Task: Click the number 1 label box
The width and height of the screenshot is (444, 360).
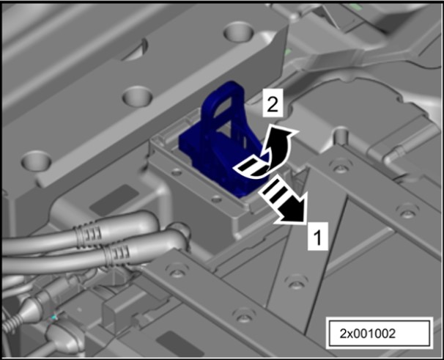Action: pyautogui.click(x=318, y=236)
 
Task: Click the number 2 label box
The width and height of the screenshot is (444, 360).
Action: pyautogui.click(x=273, y=103)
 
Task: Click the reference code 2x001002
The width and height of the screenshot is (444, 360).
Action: pyautogui.click(x=367, y=334)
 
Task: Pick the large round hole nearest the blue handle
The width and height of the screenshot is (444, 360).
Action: pyautogui.click(x=138, y=96)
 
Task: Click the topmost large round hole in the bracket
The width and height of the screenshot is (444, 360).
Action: pyautogui.click(x=239, y=32)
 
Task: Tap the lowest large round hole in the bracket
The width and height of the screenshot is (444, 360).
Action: pyautogui.click(x=36, y=161)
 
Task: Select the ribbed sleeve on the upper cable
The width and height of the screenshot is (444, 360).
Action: pyautogui.click(x=87, y=234)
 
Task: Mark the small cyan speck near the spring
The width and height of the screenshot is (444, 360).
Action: pyautogui.click(x=54, y=317)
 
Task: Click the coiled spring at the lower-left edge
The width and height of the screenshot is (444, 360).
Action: pyautogui.click(x=11, y=323)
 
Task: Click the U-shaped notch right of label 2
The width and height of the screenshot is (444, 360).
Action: pyautogui.click(x=341, y=136)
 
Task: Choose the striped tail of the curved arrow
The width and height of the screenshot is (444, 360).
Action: pyautogui.click(x=251, y=168)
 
